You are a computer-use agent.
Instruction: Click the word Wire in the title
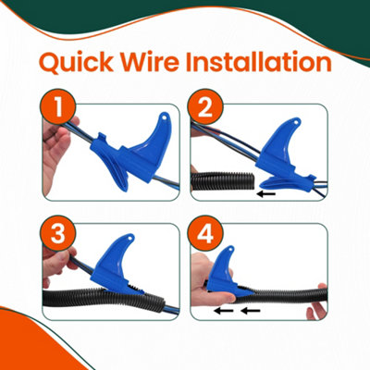(x=163, y=64)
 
